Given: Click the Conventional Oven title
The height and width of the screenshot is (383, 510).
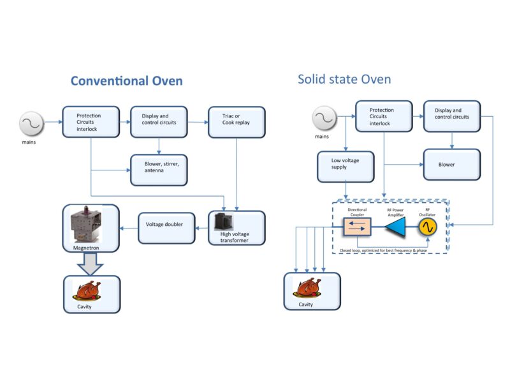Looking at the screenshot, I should (x=126, y=81).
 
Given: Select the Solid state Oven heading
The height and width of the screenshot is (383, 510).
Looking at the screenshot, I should (x=344, y=79).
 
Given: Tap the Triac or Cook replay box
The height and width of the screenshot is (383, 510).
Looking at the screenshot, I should (x=237, y=121).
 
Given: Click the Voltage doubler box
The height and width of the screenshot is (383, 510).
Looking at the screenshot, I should (x=167, y=227).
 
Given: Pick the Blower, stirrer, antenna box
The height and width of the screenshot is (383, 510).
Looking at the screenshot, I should (x=159, y=169).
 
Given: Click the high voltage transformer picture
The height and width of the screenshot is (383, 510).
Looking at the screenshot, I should (x=223, y=222).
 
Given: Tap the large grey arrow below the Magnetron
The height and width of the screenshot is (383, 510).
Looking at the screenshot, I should (x=90, y=263).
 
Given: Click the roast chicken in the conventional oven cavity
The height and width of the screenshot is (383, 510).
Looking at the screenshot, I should (x=87, y=290).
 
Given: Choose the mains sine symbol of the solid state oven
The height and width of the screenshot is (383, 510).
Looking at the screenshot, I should (x=323, y=118).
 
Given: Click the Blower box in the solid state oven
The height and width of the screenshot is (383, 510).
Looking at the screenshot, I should (x=452, y=164).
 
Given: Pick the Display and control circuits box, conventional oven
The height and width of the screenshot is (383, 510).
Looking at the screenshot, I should (x=159, y=121).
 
